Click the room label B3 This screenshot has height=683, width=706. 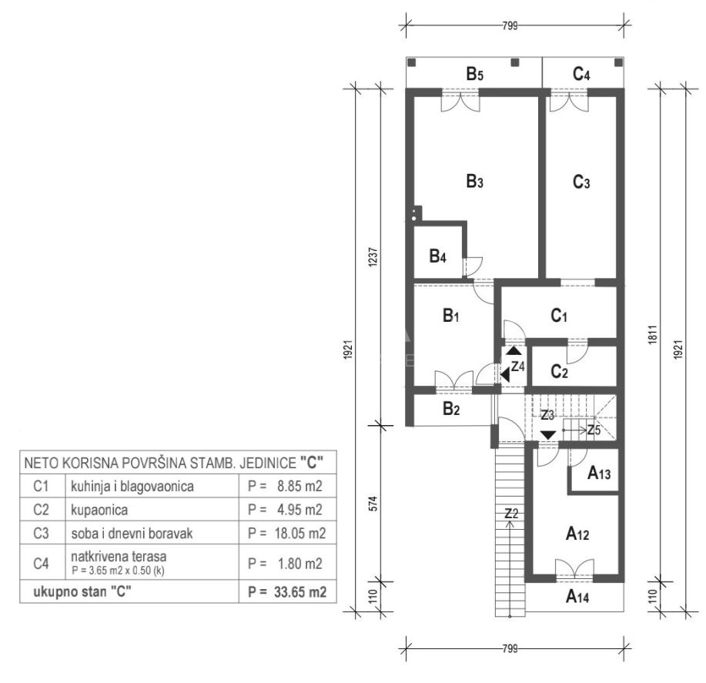click(474, 182)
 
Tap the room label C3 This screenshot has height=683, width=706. click(581, 182)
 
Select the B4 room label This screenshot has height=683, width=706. click(437, 256)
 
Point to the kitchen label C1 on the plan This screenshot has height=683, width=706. click(559, 316)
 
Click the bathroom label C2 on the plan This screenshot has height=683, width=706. click(559, 372)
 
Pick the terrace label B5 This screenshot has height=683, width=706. click(474, 73)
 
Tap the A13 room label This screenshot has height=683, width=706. click(599, 474)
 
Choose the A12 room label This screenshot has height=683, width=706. click(577, 534)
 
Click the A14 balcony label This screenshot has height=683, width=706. click(577, 597)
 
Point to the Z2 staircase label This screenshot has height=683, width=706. click(511, 514)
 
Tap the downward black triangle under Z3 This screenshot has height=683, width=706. click(548, 435)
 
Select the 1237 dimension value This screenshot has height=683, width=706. click(373, 257)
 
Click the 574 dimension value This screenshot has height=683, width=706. click(373, 504)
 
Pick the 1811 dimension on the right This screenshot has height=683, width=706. click(653, 335)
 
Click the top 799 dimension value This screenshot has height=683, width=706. click(510, 25)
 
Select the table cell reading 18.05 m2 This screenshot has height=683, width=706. click(300, 534)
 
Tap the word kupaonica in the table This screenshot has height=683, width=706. click(99, 510)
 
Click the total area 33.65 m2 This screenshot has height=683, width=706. click(300, 592)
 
